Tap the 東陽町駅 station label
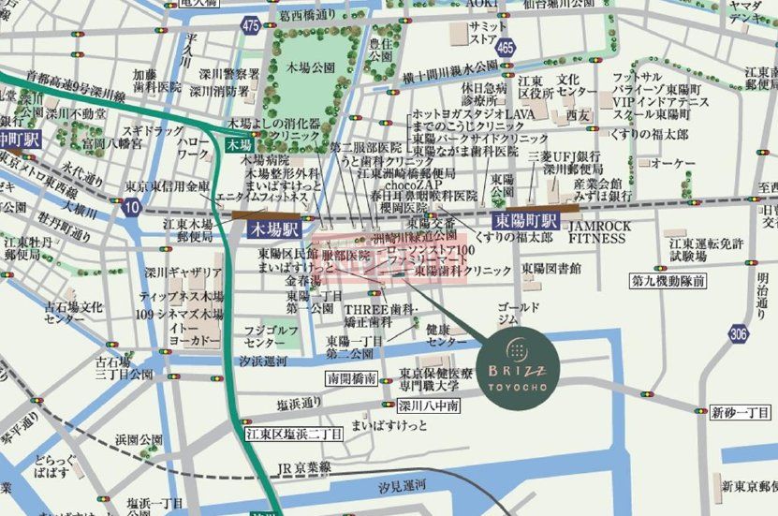click(x=525, y=222)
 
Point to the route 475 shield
click(x=250, y=28)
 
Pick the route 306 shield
click(x=740, y=334)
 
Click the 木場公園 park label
click(x=310, y=68)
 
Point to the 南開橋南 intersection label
click(x=351, y=379)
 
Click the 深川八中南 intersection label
click(x=428, y=406)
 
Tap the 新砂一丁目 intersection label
click(x=739, y=413)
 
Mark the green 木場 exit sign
click(x=238, y=145)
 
